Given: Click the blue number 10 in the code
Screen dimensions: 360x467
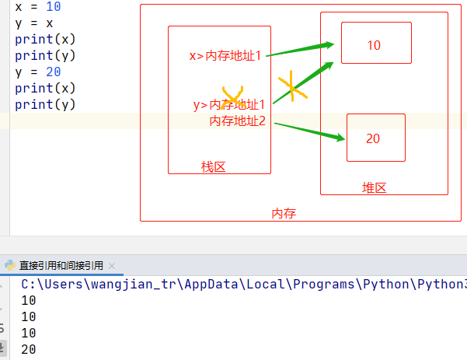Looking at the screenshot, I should pos(54,6).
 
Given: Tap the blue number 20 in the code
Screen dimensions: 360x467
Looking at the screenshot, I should pos(54,72).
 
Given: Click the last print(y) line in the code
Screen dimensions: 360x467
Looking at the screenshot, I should pos(45,104).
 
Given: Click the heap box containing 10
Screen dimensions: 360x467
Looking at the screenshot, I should pos(375,44).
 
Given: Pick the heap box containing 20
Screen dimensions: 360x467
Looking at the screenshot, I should pos(375,138).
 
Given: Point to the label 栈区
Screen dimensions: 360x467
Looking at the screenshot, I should pos(213,167).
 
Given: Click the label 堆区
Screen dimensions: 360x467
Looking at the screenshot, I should pos(375,188).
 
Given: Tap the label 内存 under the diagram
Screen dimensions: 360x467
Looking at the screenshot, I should pos(284,213).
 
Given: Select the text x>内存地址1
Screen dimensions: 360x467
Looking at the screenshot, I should pos(225,56).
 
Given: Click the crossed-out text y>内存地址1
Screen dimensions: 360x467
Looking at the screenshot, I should pos(229,104).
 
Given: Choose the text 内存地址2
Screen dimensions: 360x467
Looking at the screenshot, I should pos(238,121).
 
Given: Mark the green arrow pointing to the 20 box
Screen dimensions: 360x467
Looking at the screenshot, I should pos(309,131).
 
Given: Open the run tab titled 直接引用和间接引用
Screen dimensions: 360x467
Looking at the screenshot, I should pos(61,265).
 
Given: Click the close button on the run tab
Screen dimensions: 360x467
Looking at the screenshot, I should pos(112,265).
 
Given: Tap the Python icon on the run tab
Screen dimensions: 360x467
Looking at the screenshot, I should pos(10,265).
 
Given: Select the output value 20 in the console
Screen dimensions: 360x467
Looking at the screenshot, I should pos(29,350).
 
